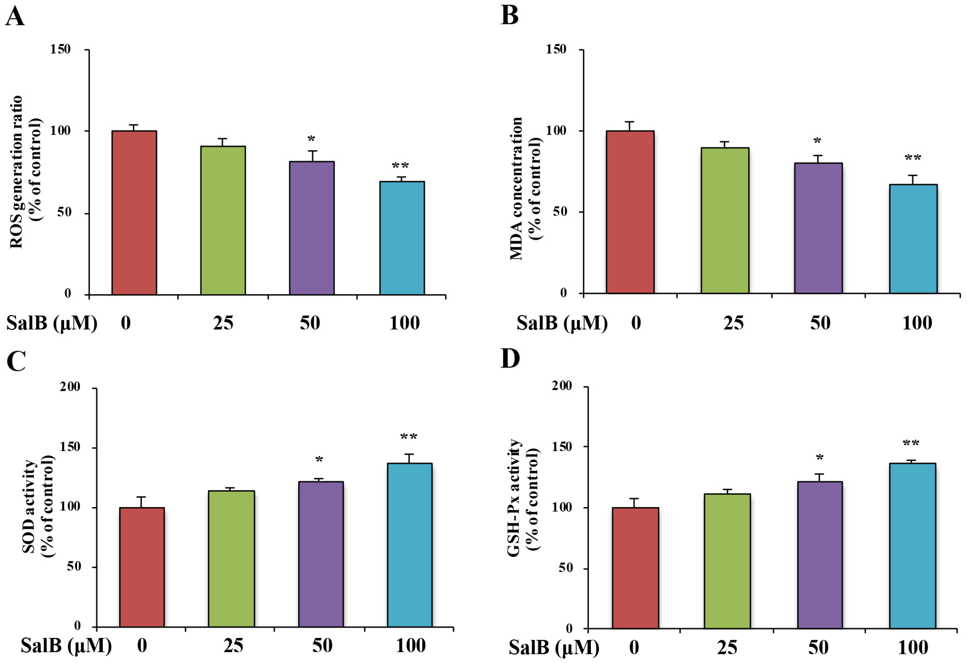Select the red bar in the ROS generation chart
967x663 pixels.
pos(134,212)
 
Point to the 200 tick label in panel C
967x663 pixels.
pos(70,387)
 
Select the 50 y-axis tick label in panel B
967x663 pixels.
pos(560,211)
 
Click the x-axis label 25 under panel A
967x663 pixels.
pos(223,323)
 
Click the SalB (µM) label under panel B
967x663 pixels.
pos(562,323)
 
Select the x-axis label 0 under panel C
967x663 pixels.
pos(142,646)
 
